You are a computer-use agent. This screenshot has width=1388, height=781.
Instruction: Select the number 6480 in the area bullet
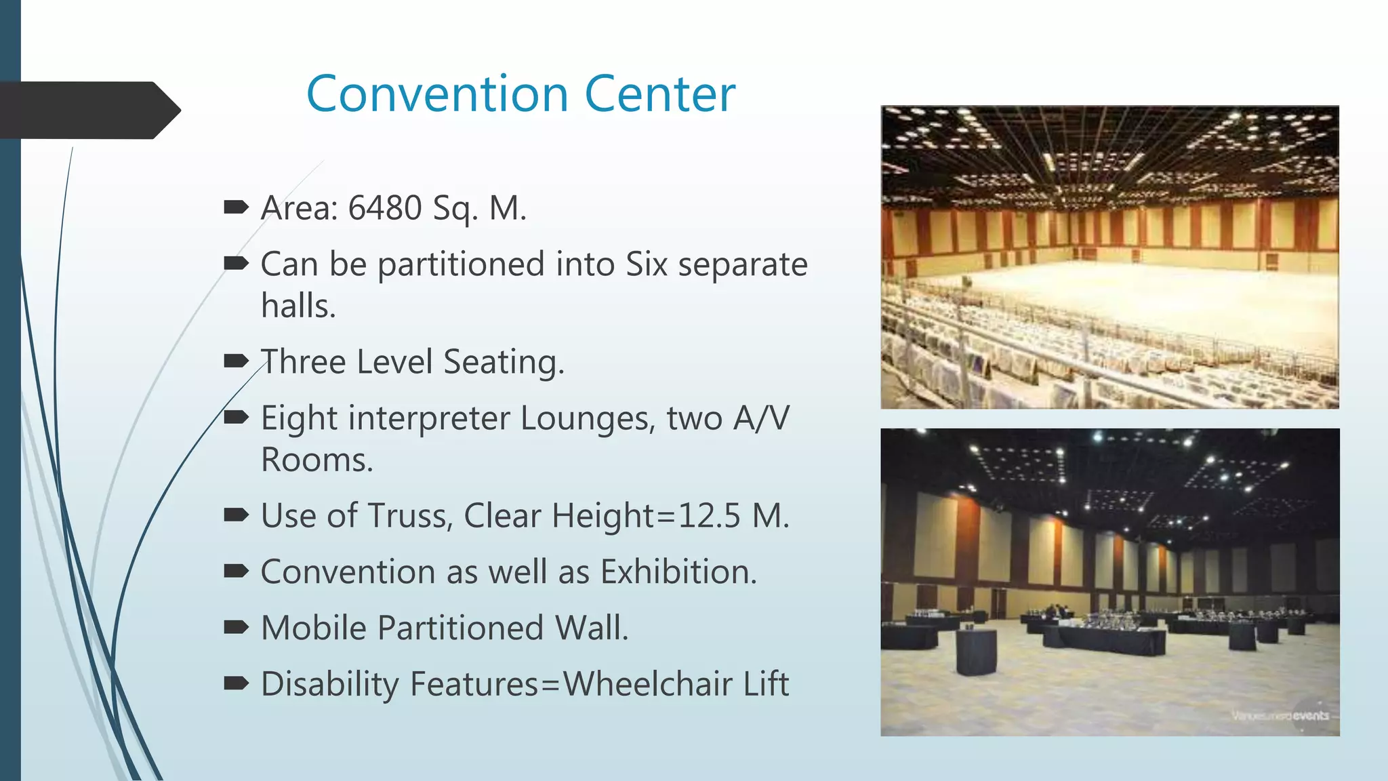(384, 207)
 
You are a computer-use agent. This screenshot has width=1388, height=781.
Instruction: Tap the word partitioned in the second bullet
(461, 264)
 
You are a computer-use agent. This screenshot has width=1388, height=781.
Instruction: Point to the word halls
(298, 306)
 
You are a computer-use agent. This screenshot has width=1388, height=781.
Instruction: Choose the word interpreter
(428, 418)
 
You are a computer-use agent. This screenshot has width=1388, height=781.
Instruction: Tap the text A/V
(761, 418)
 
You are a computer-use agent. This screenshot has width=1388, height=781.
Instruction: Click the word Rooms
(317, 460)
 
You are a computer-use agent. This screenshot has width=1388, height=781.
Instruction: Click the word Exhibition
(678, 572)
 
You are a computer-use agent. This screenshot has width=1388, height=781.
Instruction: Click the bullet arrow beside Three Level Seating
(236, 361)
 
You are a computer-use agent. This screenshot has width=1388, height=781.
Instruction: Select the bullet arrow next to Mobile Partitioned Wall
(236, 627)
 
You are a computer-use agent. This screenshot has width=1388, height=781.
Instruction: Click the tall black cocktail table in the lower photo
(977, 651)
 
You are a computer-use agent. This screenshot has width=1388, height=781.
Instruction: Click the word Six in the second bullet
(647, 264)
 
